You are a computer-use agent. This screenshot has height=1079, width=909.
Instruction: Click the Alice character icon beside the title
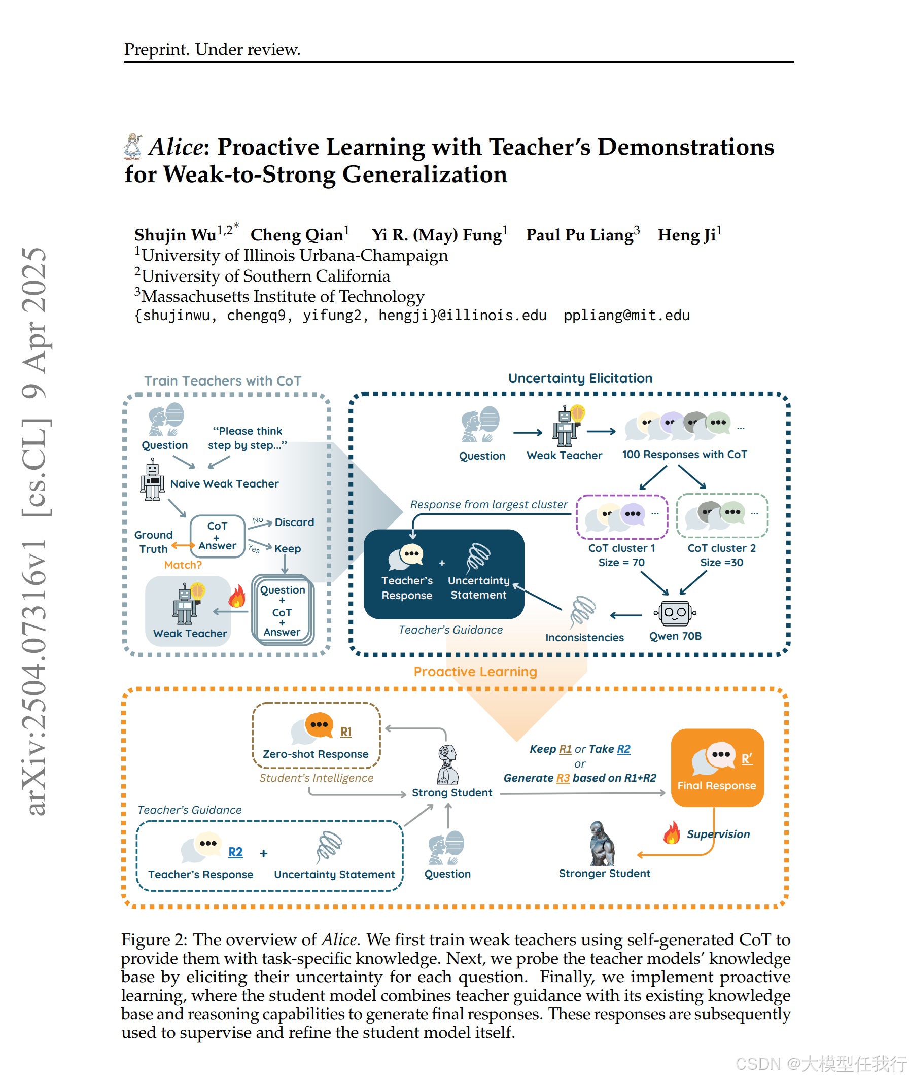(133, 146)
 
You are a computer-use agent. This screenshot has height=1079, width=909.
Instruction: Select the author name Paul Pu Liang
(580, 235)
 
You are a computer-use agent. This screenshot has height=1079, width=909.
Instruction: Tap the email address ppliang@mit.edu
(626, 316)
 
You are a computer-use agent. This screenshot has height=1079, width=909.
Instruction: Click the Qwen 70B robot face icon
(675, 613)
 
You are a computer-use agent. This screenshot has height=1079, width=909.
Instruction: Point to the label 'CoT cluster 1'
(621, 548)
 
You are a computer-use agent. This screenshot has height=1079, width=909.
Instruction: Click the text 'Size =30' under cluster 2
(721, 563)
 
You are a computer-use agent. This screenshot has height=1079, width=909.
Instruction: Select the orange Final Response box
(717, 767)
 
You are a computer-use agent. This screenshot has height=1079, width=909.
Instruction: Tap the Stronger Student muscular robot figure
(602, 844)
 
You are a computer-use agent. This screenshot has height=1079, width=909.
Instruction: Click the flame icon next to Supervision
(671, 832)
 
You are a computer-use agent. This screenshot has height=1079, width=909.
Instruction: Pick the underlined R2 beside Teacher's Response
(235, 852)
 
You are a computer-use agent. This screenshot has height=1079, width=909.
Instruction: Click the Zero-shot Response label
(316, 754)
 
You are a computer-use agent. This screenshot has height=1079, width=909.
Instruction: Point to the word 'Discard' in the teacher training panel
(294, 523)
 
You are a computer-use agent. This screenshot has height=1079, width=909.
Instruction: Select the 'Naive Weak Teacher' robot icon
(152, 480)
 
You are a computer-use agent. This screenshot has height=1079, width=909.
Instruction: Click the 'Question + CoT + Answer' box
(283, 610)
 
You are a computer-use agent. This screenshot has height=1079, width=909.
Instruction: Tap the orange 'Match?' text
(183, 565)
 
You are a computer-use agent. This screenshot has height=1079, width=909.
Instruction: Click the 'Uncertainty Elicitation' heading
(580, 379)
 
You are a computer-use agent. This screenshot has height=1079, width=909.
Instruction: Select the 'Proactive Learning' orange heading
(475, 672)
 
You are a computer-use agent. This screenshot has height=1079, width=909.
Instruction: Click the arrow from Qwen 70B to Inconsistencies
(625, 615)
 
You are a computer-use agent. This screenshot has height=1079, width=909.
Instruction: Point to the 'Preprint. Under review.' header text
(212, 50)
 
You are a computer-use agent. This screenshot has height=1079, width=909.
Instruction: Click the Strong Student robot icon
(447, 764)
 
